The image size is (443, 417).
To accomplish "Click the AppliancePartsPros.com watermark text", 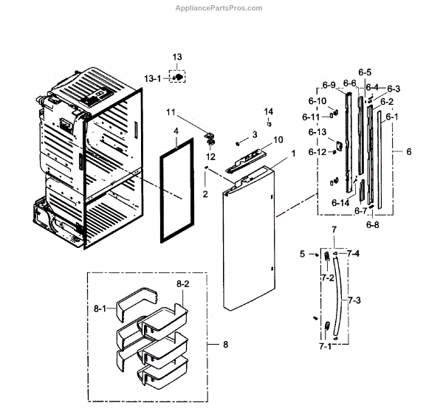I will pos(221,7).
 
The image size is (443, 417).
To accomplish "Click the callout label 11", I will pos(171,112).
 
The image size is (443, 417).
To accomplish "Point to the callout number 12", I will pos(210,156).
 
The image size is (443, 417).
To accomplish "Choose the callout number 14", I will pos(269,111).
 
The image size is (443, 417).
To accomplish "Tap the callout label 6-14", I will pos(340,202).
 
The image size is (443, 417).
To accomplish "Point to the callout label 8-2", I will pos(182,282).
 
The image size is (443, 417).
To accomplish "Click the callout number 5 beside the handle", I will pos(302,254).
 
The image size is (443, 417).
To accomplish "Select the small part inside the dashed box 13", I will pos(178,77).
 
